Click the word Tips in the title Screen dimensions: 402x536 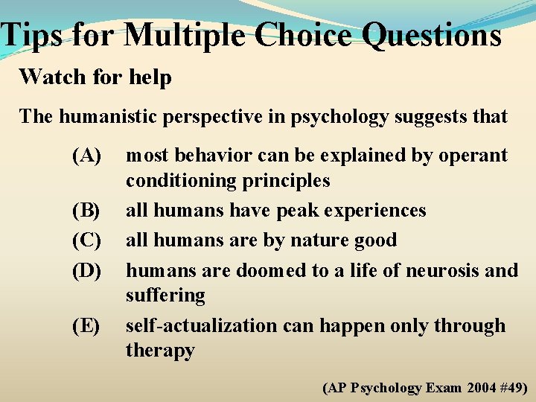click(x=32, y=34)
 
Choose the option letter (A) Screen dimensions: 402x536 click(x=87, y=156)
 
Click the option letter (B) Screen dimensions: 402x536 click(x=87, y=211)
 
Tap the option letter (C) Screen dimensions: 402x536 click(x=87, y=240)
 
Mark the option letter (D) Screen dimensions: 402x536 click(x=87, y=269)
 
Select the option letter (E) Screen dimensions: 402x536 click(x=87, y=326)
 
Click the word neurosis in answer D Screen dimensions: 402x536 click(x=436, y=269)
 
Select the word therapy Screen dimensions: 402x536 click(x=160, y=351)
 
